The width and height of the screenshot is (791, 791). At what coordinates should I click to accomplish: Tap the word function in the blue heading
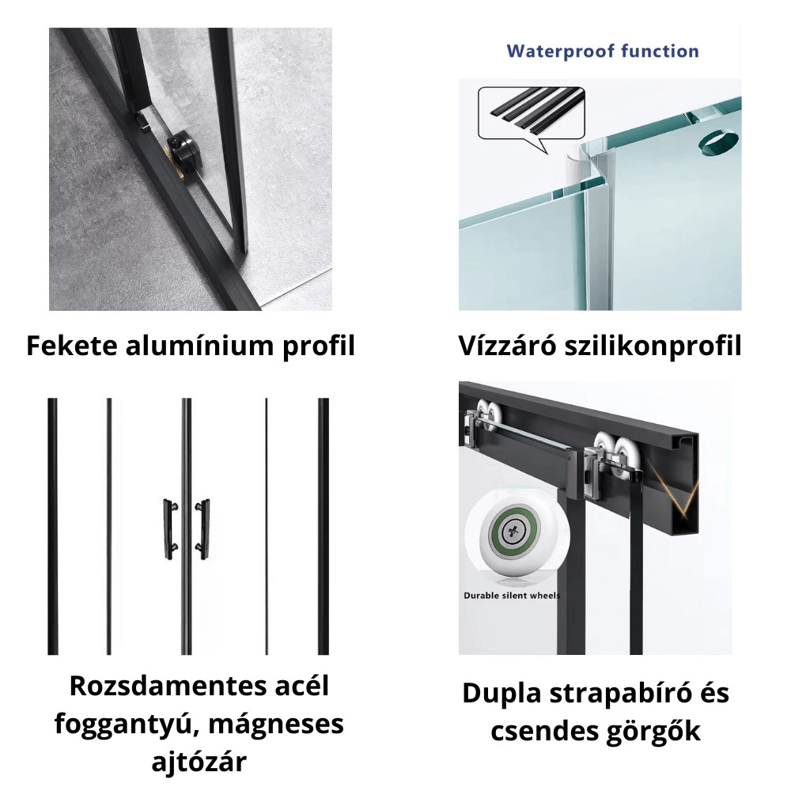[660, 51]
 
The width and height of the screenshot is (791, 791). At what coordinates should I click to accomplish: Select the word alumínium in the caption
[200, 346]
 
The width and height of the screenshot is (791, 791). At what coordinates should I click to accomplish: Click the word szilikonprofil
[653, 346]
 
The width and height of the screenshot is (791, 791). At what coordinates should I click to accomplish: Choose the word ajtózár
[199, 762]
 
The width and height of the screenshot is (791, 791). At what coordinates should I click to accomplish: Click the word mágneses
[276, 725]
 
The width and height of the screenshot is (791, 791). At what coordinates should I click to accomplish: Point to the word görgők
[653, 731]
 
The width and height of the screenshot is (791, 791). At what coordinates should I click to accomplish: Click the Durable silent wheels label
[512, 596]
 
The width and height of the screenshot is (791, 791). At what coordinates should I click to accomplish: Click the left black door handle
[170, 528]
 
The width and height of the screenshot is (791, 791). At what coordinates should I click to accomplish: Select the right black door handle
[202, 528]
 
